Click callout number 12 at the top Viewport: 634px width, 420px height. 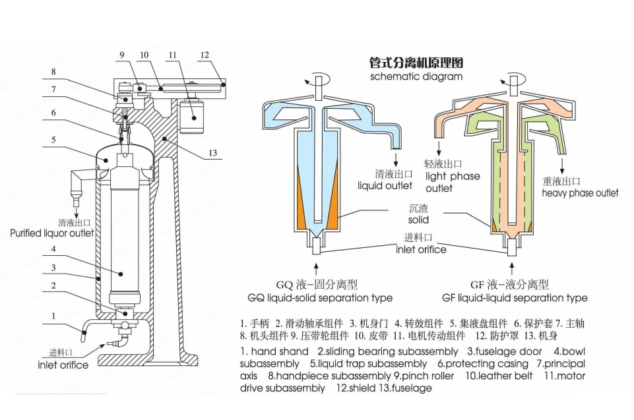point(205,55)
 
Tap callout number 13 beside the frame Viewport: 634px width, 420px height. point(212,154)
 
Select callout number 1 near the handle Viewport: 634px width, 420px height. point(53,316)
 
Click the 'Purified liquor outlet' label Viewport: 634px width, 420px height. point(52,233)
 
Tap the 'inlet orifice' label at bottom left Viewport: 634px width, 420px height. point(63,365)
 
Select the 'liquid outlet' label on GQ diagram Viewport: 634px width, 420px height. point(385,186)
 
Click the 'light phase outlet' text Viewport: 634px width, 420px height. point(452,182)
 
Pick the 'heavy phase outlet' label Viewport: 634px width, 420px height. point(581,193)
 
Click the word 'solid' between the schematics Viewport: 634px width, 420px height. point(418,219)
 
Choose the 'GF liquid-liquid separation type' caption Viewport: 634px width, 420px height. point(515,298)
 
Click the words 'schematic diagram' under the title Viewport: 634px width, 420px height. point(416,76)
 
